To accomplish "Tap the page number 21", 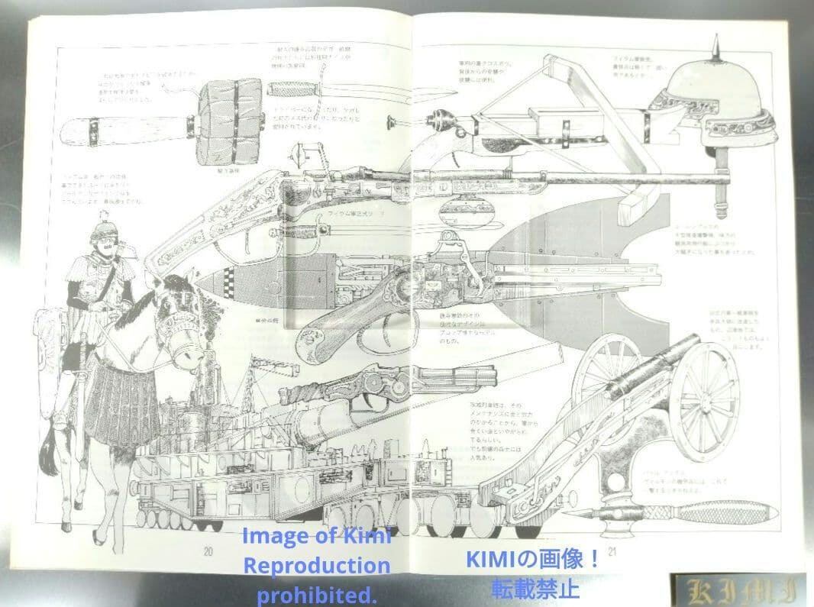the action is click(611, 550).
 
